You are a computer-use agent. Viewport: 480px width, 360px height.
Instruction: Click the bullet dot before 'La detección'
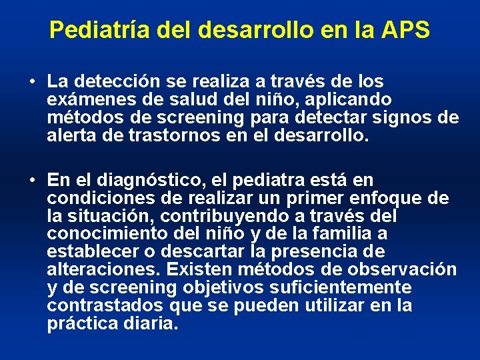33,83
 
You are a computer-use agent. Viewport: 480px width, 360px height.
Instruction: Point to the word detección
110,82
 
